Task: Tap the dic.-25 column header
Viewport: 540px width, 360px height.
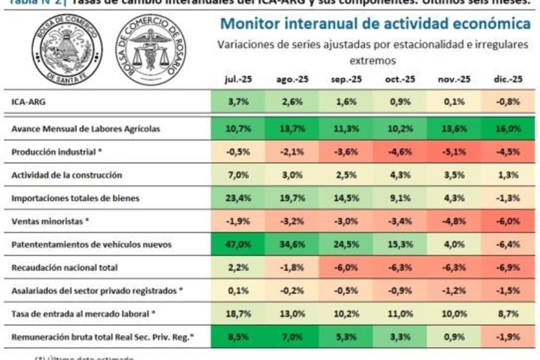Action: tap(508, 79)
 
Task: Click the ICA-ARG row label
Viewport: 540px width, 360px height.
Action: tap(29, 102)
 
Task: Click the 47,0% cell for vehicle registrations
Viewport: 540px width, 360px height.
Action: tap(238, 245)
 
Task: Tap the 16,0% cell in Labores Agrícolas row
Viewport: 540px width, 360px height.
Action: tap(508, 128)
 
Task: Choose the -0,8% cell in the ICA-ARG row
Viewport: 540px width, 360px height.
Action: tap(508, 102)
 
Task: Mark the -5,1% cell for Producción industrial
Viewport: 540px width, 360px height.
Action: tap(454, 152)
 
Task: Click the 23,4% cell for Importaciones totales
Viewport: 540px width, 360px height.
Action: tap(238, 198)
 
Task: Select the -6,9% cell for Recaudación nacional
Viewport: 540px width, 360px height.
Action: tap(508, 268)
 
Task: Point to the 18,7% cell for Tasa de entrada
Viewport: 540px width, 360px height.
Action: tap(238, 314)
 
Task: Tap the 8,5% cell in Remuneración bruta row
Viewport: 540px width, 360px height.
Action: tap(238, 337)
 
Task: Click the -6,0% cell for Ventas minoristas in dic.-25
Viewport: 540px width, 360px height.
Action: tap(508, 221)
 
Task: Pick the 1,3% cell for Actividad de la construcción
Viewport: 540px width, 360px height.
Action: tap(508, 175)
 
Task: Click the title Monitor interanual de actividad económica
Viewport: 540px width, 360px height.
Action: tap(376, 24)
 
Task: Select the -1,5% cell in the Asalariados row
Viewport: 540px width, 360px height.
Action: tap(508, 290)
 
